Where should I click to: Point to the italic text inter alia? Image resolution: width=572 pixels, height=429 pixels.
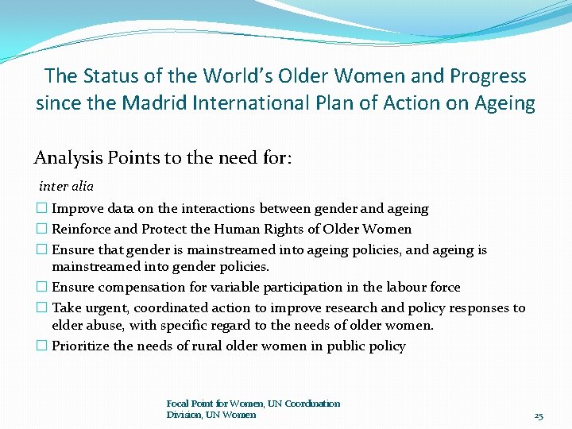[x=66, y=187]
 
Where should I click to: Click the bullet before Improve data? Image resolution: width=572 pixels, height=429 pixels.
[x=42, y=209]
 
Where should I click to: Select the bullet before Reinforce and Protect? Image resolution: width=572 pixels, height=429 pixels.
[x=42, y=230]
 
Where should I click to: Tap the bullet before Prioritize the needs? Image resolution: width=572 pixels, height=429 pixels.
[x=42, y=346]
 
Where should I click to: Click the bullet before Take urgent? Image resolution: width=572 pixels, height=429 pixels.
[x=42, y=307]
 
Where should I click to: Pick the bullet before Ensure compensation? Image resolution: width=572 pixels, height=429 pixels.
[x=42, y=288]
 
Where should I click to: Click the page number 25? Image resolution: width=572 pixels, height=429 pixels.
[x=538, y=415]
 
